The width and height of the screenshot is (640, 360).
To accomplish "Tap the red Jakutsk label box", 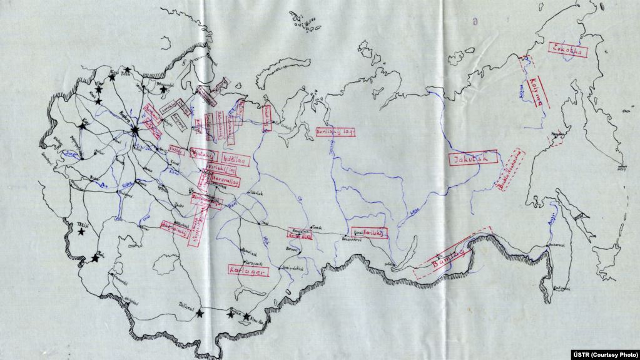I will pyautogui.click(x=474, y=159).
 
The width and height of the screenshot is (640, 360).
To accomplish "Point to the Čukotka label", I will pyautogui.click(x=567, y=51).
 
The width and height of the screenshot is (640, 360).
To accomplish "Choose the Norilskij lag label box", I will pyautogui.click(x=335, y=132).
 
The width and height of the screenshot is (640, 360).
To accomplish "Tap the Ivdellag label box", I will pyautogui.click(x=235, y=161).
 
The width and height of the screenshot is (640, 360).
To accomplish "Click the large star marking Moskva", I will pyautogui.click(x=136, y=130).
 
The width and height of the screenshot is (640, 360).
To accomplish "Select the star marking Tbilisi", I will pyautogui.click(x=81, y=232).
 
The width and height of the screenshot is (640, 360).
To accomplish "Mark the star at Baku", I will pyautogui.click(x=95, y=257).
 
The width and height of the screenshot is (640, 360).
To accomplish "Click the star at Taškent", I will pyautogui.click(x=200, y=312).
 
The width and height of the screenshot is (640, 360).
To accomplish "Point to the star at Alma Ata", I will pyautogui.click(x=246, y=316).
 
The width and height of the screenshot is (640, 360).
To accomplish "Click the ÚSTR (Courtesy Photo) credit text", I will pyautogui.click(x=605, y=354).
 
